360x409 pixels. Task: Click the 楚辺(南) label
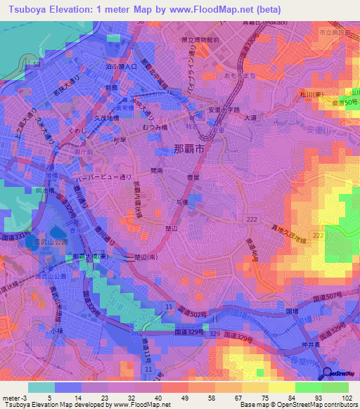(143, 257)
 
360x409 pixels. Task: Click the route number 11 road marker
(169, 307)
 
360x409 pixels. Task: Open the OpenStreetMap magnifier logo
(328, 373)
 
